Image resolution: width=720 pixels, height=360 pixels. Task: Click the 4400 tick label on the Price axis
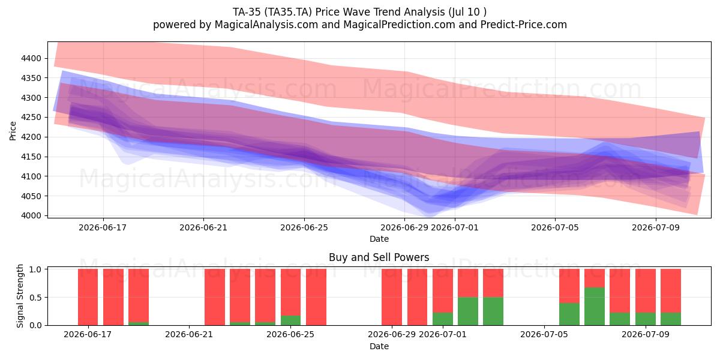[x=31, y=59]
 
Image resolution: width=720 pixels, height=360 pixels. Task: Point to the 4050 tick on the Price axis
[x=31, y=196]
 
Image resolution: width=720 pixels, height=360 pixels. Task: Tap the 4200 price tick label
[x=31, y=137]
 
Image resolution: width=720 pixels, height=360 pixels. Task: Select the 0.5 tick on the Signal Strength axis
[x=35, y=298]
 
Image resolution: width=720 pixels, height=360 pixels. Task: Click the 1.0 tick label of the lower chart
[x=35, y=269]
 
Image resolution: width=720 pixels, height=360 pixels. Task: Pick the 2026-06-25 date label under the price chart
[x=304, y=227]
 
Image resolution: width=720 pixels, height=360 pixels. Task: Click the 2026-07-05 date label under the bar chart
[x=544, y=334]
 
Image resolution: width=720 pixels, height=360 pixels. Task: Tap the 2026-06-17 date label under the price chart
[x=103, y=227]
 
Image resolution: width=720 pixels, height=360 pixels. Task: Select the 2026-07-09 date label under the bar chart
[x=646, y=334]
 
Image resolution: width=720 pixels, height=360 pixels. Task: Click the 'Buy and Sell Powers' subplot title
[x=379, y=257]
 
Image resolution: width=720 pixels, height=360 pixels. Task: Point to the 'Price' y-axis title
[x=13, y=131]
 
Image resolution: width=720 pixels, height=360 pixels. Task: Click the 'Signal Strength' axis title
[x=20, y=296]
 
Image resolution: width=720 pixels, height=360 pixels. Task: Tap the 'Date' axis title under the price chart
[x=379, y=239]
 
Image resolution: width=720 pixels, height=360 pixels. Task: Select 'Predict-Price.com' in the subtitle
[x=524, y=25]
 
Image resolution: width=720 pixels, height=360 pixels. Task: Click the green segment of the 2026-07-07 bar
[x=595, y=307]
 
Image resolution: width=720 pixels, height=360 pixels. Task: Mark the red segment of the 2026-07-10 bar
[x=671, y=291]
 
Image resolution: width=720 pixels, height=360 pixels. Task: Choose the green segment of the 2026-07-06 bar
[x=569, y=314]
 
